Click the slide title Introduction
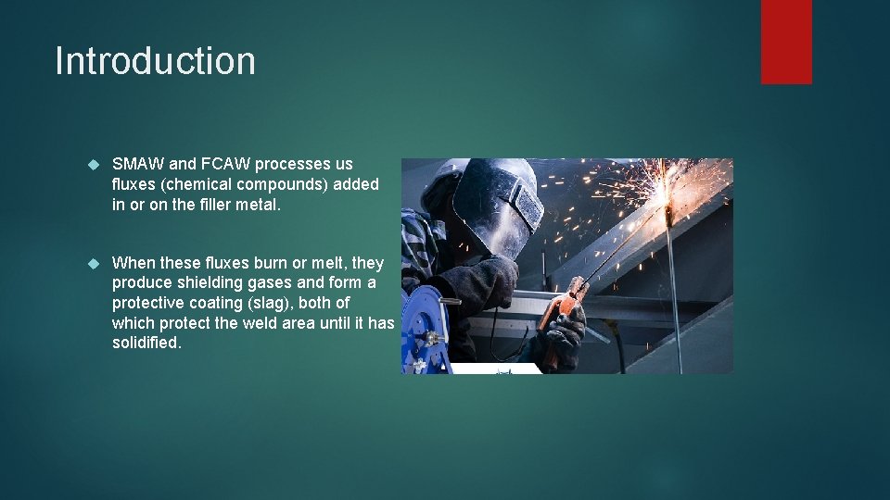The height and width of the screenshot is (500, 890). tap(155, 61)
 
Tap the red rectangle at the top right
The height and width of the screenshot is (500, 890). tap(786, 41)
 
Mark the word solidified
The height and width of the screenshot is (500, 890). tap(146, 343)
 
